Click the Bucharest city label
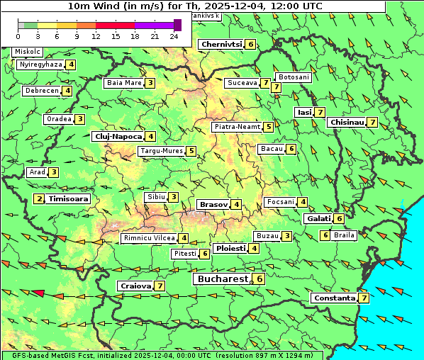pyautogui.click(x=222, y=279)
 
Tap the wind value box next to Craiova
pyautogui.click(x=160, y=286)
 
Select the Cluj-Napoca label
pyautogui.click(x=118, y=136)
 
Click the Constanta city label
pyautogui.click(x=334, y=298)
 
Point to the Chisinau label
pyautogui.click(x=347, y=123)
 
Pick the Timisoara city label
pyautogui.click(x=69, y=199)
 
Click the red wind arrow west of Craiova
pyautogui.click(x=38, y=293)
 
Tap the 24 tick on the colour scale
pyautogui.click(x=174, y=36)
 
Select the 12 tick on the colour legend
pyautogui.click(x=96, y=36)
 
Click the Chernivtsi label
pyautogui.click(x=221, y=45)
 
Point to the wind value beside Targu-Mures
pyautogui.click(x=191, y=151)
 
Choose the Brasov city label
pyautogui.click(x=213, y=204)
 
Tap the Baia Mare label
pyautogui.click(x=123, y=83)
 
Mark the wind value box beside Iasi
pyautogui.click(x=320, y=112)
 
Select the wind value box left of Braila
pyautogui.click(x=325, y=235)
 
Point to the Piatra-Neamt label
pyautogui.click(x=237, y=127)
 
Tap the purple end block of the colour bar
pyautogui.click(x=177, y=25)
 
